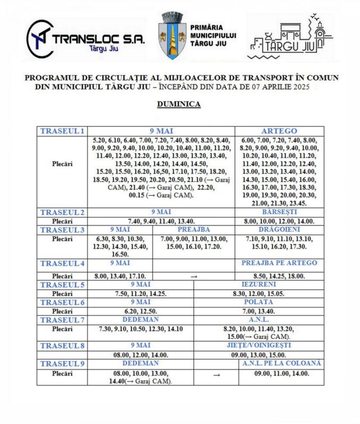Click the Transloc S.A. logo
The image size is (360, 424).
point(85,40)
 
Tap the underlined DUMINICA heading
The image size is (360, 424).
point(179,104)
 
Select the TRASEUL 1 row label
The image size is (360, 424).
point(62,131)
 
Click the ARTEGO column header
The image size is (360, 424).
point(279,131)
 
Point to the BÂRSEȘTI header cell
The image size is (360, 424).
point(279,212)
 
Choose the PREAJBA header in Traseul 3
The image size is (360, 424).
point(194,229)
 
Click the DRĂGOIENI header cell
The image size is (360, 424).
point(279,229)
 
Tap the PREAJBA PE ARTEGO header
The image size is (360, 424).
point(279,263)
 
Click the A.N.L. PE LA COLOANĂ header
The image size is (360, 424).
point(282,363)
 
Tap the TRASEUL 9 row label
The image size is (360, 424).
point(62,363)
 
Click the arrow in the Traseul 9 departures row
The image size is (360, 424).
point(216,374)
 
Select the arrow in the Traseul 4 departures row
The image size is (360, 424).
point(194,276)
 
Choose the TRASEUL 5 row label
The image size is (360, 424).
point(62,285)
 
